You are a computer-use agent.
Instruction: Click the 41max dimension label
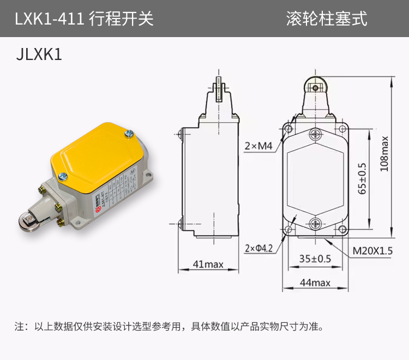click(x=208, y=265)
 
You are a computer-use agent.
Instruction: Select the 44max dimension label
click(x=315, y=283)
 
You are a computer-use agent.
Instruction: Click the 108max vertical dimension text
click(x=384, y=154)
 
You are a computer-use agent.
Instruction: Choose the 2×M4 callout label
click(x=258, y=146)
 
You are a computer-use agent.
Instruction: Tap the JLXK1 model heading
click(x=40, y=56)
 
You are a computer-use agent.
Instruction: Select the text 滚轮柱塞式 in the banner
click(x=327, y=19)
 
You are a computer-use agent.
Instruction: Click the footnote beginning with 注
click(x=169, y=327)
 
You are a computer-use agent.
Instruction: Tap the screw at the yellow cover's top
click(x=129, y=133)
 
